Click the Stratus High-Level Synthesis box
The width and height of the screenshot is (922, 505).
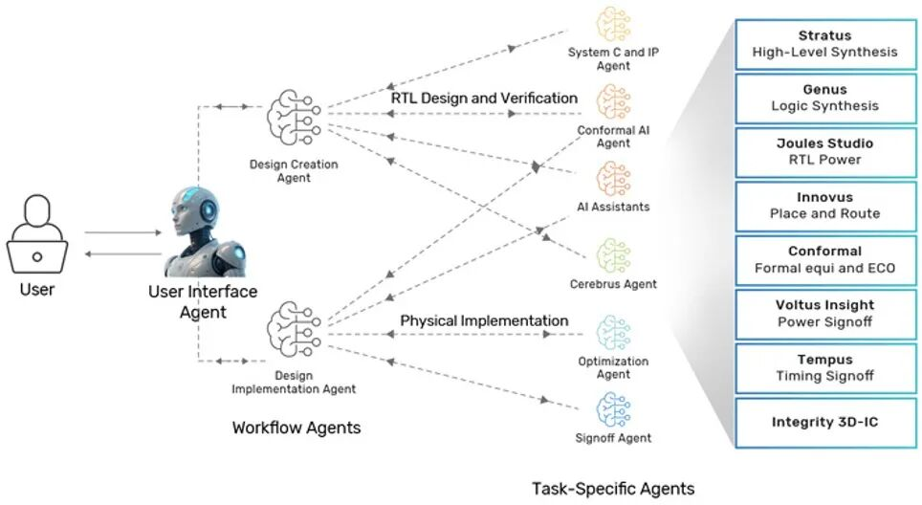tap(823, 44)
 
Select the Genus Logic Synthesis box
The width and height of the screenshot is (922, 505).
tap(823, 98)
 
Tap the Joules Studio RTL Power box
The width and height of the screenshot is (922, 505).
tap(823, 151)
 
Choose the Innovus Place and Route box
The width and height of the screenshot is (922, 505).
tap(823, 205)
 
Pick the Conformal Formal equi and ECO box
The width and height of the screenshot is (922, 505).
tap(823, 259)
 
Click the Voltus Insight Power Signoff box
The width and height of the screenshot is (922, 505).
tap(823, 313)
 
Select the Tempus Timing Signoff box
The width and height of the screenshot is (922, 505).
tap(823, 367)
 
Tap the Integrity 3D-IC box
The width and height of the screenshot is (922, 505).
tap(823, 422)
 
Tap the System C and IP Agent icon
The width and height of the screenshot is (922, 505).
tap(613, 26)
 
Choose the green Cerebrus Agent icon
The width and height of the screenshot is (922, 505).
tap(613, 255)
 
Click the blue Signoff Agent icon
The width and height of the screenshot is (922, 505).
tap(614, 409)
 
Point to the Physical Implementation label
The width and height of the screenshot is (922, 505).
tap(484, 320)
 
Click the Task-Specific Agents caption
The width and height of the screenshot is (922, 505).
tap(613, 489)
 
